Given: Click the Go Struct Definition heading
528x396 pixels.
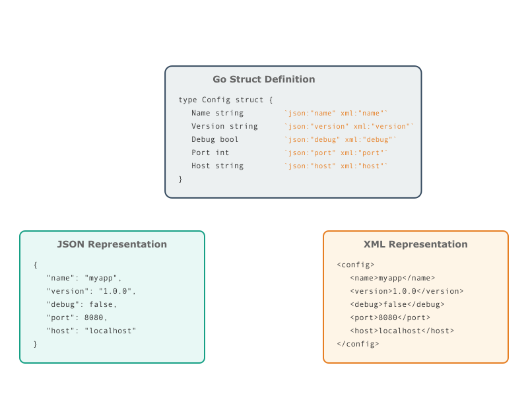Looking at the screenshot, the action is point(263,79).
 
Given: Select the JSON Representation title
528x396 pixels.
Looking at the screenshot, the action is point(112,244).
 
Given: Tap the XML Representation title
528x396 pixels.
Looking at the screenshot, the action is point(416,244).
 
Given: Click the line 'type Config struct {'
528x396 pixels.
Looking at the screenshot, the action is point(226,100).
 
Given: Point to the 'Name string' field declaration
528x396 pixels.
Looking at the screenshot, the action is point(218,113).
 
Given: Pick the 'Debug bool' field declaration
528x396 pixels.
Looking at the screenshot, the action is point(215,139).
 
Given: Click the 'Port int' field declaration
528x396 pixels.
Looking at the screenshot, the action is point(210,152).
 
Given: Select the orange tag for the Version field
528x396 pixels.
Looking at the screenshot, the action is point(349,126).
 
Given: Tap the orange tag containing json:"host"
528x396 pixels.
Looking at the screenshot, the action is point(336,166).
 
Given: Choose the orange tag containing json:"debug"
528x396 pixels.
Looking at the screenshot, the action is point(340,139).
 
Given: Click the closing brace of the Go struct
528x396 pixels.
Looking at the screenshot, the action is point(180,179).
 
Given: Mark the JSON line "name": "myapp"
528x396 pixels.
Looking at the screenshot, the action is point(84,278).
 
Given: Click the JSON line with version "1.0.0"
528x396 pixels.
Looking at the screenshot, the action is point(91,291).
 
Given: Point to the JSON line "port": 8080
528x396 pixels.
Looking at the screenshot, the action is point(77,317).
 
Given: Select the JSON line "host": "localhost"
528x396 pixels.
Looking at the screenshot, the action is point(91,331).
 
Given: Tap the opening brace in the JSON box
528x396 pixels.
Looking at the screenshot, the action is point(36,265).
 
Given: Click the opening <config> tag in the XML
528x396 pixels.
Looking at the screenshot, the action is point(356,265).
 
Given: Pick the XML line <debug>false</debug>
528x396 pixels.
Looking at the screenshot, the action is point(397,304).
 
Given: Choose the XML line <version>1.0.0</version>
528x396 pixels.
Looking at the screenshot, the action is point(407,291).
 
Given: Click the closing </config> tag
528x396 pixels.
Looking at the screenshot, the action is point(358,344).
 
